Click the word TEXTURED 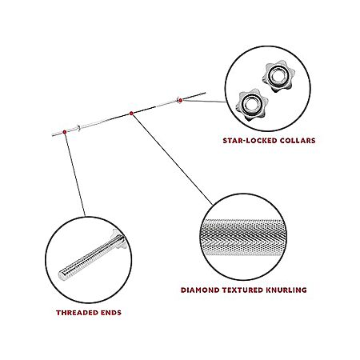coord(242,290)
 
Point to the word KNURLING coord(286,290)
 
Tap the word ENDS coord(111,313)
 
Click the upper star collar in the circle coord(278,76)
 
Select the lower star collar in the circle coord(251,104)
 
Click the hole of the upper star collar coord(278,75)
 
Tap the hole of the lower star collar coord(250,103)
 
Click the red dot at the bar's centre coord(131,114)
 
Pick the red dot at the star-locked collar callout coord(181,100)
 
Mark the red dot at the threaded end coord(65,132)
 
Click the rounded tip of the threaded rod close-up coord(62,275)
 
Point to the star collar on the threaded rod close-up coord(118,238)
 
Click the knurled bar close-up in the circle coord(242,238)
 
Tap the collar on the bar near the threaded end coord(78,128)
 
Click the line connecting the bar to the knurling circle coord(173,159)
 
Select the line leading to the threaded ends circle coord(75,174)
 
